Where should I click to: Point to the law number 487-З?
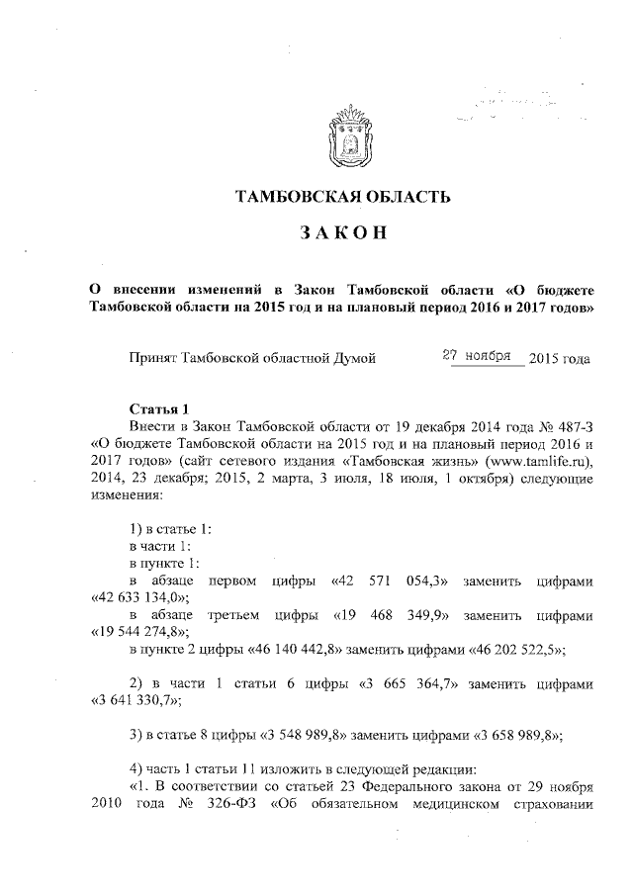(566, 426)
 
